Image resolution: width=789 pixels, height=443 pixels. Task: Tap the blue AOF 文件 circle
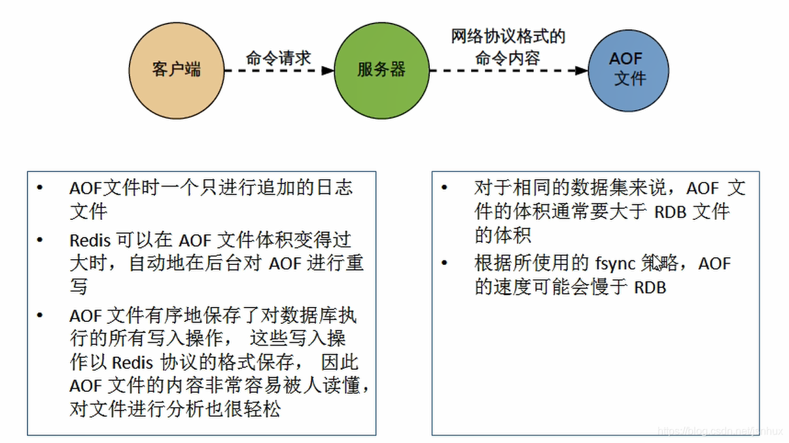628,69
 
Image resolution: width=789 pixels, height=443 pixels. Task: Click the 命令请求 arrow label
279,57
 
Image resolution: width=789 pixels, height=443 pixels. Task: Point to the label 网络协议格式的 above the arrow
508,36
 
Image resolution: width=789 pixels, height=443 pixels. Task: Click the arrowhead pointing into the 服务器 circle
329,70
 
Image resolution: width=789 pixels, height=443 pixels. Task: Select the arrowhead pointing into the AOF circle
582,70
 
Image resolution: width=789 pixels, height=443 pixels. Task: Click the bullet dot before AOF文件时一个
41,188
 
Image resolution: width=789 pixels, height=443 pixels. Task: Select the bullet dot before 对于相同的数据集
445,188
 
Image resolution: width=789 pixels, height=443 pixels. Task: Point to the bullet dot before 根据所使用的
445,264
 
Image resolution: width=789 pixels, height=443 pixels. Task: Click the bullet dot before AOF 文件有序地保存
41,316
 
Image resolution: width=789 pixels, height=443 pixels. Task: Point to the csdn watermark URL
720,432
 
